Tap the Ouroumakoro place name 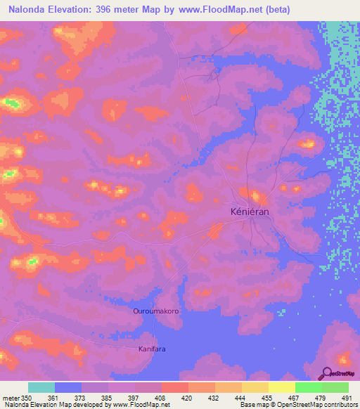[157, 311]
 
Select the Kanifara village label [151, 348]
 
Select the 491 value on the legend [347, 398]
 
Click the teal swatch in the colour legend [41, 387]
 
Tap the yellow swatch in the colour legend [255, 387]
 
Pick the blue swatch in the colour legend [68, 387]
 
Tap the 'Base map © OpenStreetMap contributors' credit [298, 405]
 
